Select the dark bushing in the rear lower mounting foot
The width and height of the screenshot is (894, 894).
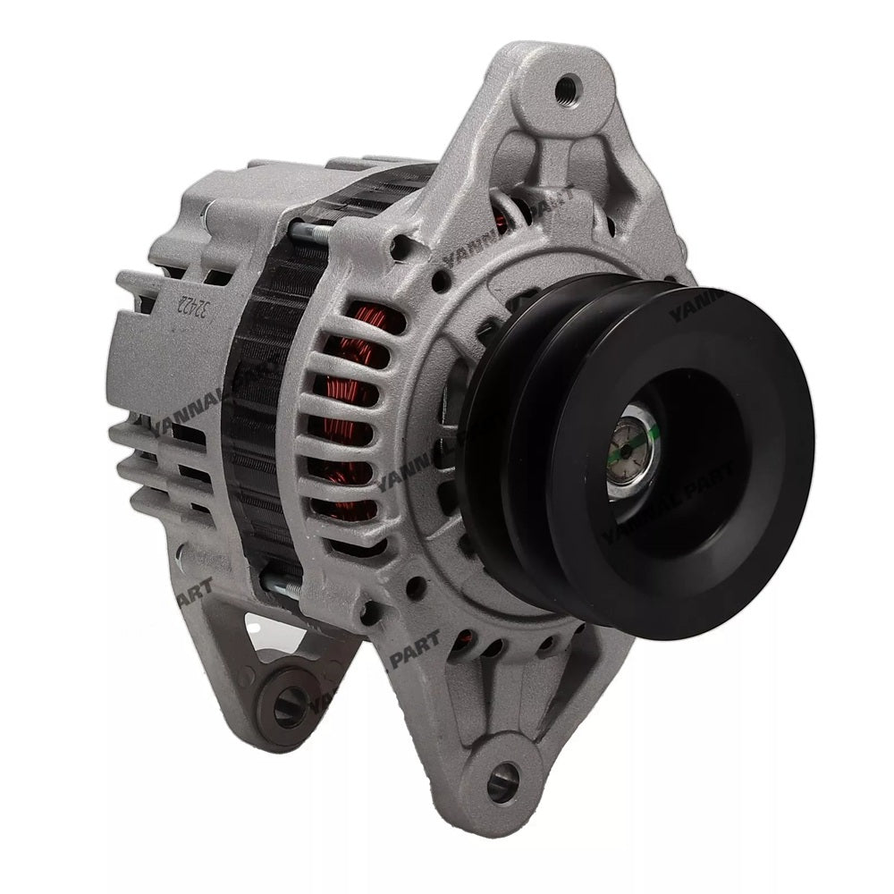coord(284,706)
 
